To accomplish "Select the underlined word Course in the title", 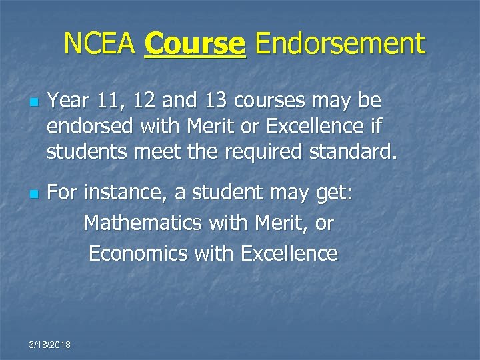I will click(x=195, y=45).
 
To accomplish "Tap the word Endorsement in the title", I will click(x=340, y=45).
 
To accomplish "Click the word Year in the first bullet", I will click(x=69, y=101).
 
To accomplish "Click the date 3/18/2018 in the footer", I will click(x=51, y=344).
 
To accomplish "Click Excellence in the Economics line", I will click(x=289, y=253).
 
